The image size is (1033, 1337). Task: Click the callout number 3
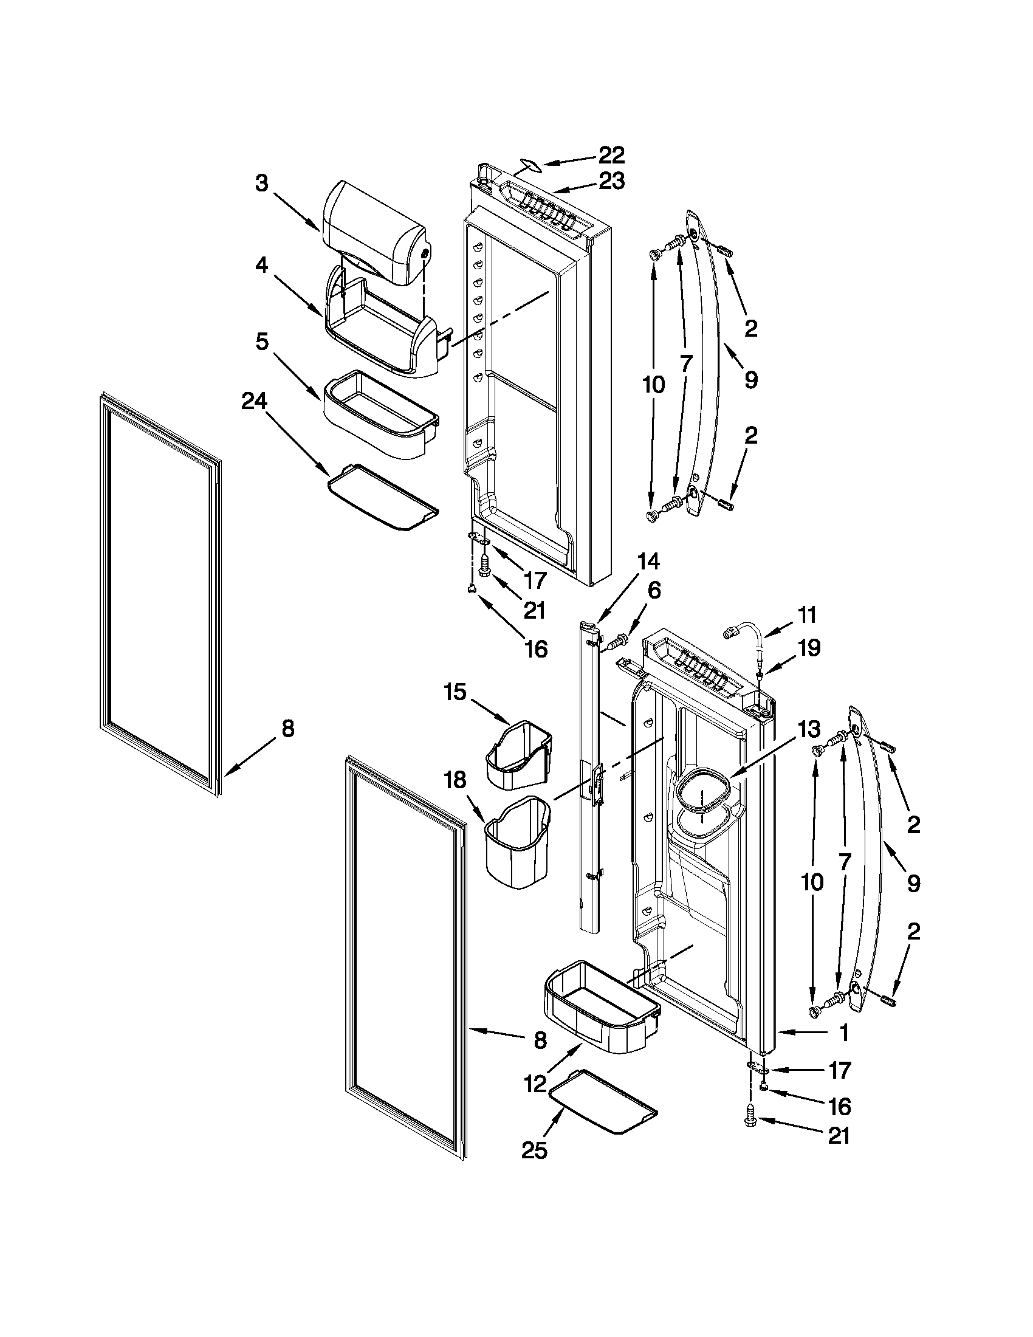pos(262,183)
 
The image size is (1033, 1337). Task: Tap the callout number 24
pos(254,401)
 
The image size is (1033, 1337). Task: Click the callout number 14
pos(648,561)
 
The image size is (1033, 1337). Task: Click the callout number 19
pos(809,648)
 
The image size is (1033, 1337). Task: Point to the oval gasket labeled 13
pos(702,796)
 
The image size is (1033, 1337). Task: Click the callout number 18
pos(456,780)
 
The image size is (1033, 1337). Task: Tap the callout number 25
pos(534,1150)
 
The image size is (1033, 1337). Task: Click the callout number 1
pos(844,1033)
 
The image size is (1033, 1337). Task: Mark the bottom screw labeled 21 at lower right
pos(751,1119)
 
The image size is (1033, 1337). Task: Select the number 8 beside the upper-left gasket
pos(287,728)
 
